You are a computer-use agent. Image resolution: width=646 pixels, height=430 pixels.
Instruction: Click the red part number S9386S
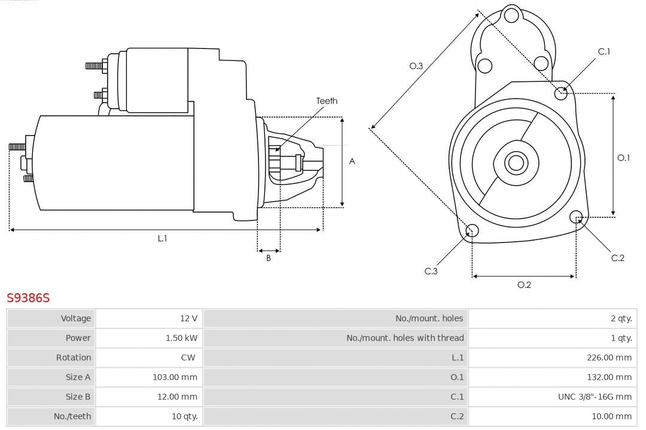[x=28, y=297]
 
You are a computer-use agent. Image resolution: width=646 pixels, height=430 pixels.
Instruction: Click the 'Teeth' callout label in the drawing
[x=327, y=101]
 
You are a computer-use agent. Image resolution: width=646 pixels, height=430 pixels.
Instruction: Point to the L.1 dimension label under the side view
[x=162, y=238]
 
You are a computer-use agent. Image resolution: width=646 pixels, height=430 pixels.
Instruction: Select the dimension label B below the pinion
[x=269, y=259]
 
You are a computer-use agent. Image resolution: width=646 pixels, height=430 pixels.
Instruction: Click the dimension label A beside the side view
[x=352, y=161]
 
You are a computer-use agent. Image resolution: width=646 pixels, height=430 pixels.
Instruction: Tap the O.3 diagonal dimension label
[x=416, y=66]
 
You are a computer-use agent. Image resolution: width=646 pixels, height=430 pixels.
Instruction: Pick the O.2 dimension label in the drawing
[x=524, y=285]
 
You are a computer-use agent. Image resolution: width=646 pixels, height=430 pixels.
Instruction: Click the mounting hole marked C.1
[x=561, y=93]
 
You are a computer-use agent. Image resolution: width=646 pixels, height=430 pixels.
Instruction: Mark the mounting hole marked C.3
[x=472, y=231]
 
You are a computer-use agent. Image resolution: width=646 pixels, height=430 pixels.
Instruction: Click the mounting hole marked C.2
[x=576, y=216]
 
